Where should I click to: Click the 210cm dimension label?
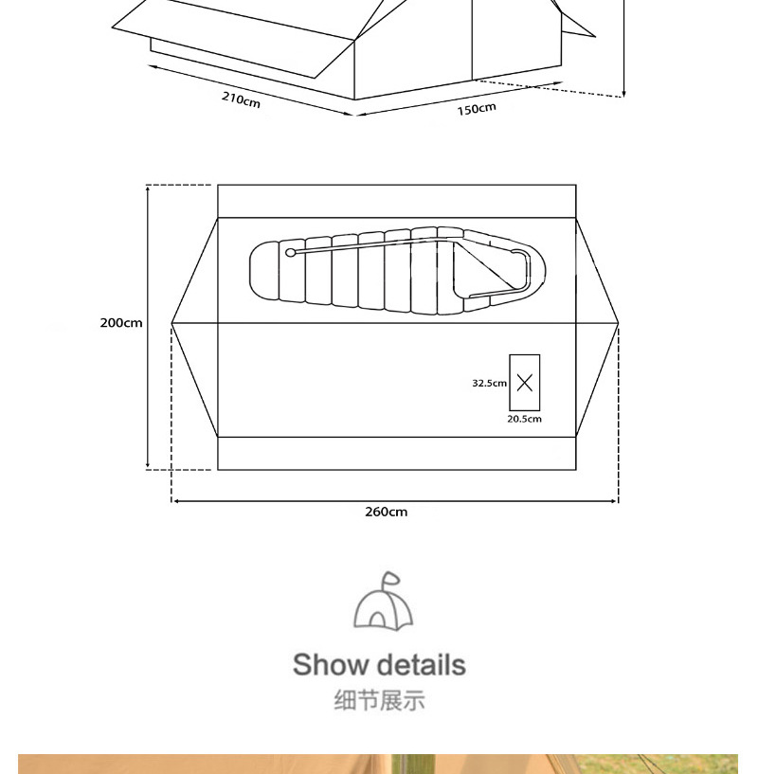242,99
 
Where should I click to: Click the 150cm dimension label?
477,108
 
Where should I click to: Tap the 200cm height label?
121,323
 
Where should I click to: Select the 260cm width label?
387,512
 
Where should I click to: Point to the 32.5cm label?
490,384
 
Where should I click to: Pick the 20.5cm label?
524,419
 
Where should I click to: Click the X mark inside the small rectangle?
525,383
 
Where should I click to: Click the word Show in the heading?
328,664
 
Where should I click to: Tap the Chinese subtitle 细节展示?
379,701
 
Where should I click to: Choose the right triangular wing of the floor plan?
596,324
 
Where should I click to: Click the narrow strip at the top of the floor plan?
396,201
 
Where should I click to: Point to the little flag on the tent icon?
390,578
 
